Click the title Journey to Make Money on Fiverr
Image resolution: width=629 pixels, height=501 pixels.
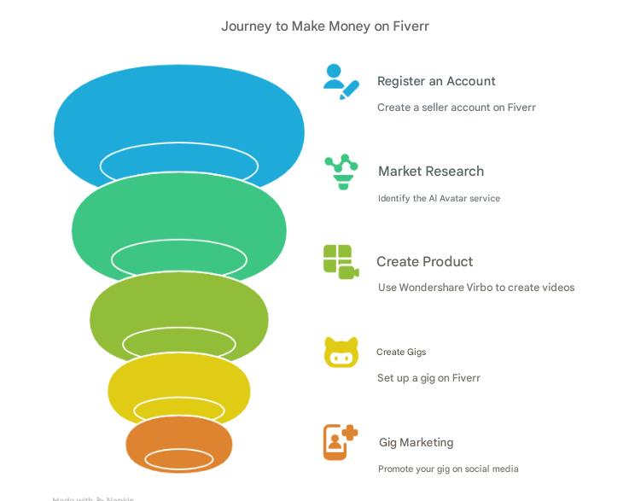[x=324, y=26]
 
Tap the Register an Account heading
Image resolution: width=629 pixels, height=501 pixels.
[x=436, y=81]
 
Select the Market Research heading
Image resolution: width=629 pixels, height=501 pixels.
[x=431, y=172]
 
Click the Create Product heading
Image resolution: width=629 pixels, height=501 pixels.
[x=424, y=262]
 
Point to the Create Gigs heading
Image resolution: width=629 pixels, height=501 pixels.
[x=401, y=352]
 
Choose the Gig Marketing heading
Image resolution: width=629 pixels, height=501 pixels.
[x=416, y=442]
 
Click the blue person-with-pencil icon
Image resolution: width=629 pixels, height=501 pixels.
[x=341, y=81]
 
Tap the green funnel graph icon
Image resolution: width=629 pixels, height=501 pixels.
[x=341, y=172]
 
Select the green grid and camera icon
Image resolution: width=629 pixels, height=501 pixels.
[x=341, y=262]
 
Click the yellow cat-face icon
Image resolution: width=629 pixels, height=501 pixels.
[x=341, y=352]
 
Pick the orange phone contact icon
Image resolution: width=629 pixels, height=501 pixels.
[x=340, y=442]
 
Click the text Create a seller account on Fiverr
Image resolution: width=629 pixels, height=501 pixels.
[x=457, y=108]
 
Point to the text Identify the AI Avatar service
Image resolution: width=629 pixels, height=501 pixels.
[x=439, y=198]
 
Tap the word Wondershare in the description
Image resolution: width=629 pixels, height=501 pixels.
[x=432, y=288]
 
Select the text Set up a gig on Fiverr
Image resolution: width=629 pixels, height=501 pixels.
[x=428, y=378]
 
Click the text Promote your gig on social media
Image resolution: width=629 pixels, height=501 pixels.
[x=448, y=469]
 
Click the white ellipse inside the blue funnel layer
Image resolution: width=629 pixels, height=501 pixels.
[x=179, y=165]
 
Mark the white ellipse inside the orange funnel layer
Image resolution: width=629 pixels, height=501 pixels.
[x=179, y=459]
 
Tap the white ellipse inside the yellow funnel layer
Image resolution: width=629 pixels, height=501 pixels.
[x=179, y=409]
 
